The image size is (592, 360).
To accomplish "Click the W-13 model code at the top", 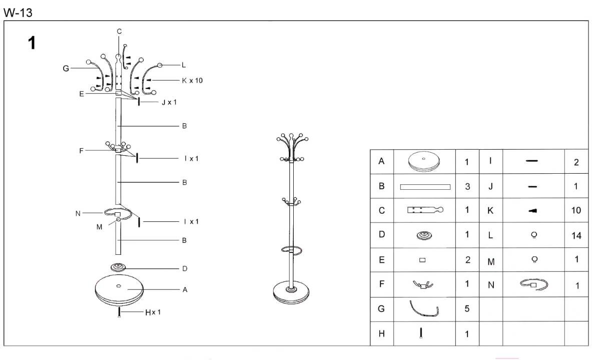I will coord(18,13).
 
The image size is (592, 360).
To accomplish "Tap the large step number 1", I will coord(32,44).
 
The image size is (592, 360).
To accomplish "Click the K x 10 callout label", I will coord(192,80).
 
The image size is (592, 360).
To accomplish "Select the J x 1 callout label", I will coord(169,102).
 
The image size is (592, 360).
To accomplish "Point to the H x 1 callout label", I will coord(153,312).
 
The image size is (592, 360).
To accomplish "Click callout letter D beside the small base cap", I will coord(185,269).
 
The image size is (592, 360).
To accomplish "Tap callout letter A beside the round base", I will coord(185,289).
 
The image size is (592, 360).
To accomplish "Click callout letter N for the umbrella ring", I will coord(78,213).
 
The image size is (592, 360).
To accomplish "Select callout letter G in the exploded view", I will coord(66,69).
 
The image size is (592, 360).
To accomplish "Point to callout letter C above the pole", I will coord(119,32).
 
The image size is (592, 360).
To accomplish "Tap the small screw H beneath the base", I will coord(119,313).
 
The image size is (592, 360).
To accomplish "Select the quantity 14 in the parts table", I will coord(576,236).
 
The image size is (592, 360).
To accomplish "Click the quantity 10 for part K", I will coord(576,210).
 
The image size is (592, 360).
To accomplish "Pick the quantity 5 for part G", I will coord(467,309).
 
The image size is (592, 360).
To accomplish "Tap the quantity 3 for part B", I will coord(467,186).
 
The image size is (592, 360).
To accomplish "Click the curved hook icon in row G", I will coord(424,309).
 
